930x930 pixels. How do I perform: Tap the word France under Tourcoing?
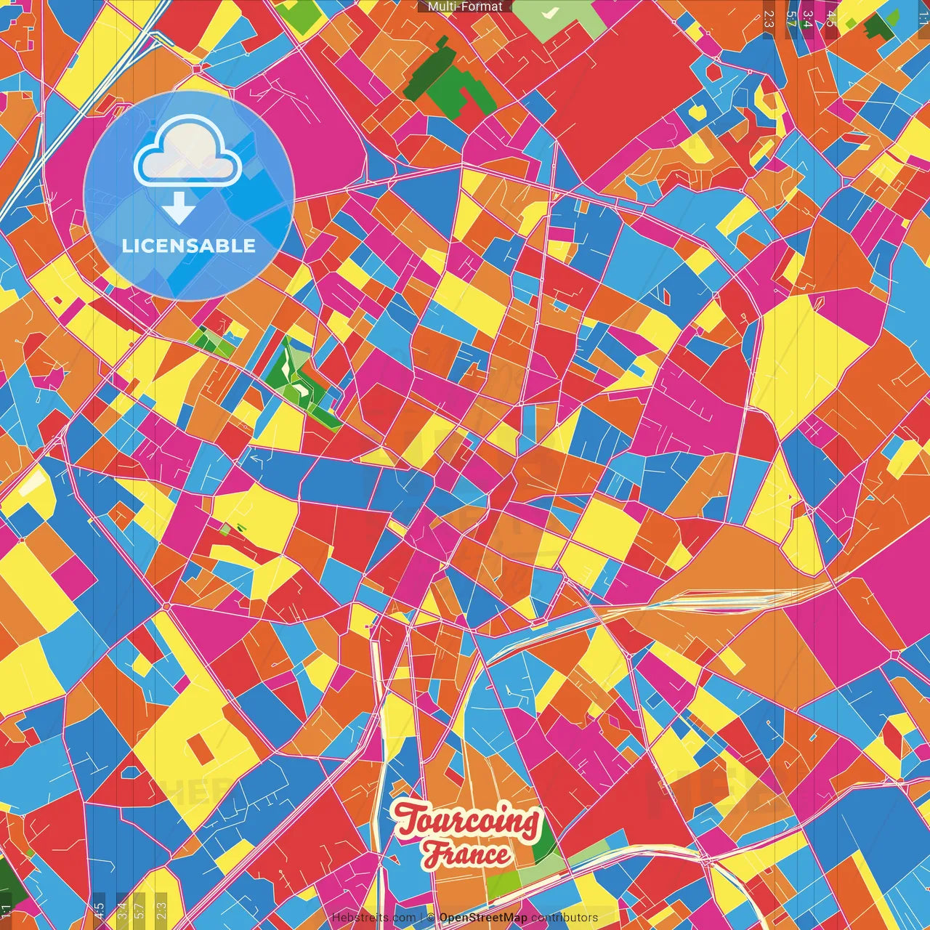click(468, 854)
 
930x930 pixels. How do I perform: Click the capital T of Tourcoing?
click(408, 819)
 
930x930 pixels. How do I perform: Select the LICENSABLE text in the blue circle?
click(189, 246)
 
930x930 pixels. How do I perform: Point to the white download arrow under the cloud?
click(179, 208)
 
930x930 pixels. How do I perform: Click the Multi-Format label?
click(465, 7)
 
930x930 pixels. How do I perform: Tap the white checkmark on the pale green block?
click(550, 12)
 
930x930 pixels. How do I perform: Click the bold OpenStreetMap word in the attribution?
click(483, 918)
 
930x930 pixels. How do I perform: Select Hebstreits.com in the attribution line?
click(373, 918)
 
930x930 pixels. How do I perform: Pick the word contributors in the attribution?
click(565, 918)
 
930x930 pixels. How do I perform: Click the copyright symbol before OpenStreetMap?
click(430, 918)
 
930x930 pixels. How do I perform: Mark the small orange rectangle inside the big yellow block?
click(199, 748)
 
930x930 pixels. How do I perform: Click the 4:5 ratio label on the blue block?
click(100, 909)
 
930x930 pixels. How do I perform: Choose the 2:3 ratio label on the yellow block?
click(161, 909)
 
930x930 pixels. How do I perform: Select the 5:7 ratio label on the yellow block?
click(141, 909)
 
